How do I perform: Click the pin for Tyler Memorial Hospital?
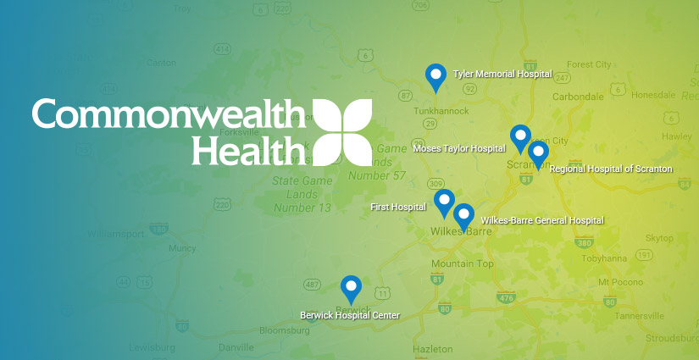(435, 77)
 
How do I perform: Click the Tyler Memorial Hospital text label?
(502, 75)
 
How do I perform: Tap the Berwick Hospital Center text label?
(349, 315)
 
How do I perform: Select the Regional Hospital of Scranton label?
(610, 169)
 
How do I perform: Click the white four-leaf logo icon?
(342, 131)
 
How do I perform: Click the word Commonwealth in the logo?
(169, 114)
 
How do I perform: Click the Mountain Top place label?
(462, 264)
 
